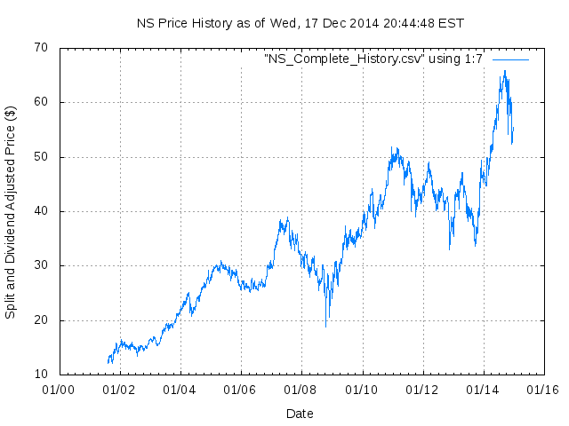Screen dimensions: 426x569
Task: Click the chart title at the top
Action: click(300, 23)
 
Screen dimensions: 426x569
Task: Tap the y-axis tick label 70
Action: click(41, 48)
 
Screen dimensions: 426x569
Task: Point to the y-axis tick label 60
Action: click(41, 102)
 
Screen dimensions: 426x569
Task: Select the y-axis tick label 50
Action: click(41, 157)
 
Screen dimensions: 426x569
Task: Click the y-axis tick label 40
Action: click(41, 211)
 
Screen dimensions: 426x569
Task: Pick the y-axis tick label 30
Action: click(41, 266)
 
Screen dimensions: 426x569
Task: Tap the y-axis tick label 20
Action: click(41, 320)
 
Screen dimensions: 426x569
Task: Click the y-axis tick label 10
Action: click(41, 375)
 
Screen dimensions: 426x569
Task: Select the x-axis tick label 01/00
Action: click(59, 390)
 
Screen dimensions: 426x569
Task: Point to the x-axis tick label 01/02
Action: click(119, 390)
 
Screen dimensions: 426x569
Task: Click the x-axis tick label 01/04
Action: click(180, 390)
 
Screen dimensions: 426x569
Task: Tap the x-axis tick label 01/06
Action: click(240, 390)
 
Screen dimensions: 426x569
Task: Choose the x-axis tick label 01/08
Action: click(301, 390)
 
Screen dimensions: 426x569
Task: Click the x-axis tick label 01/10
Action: click(362, 390)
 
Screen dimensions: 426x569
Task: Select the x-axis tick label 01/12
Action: click(422, 390)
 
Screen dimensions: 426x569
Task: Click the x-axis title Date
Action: click(300, 414)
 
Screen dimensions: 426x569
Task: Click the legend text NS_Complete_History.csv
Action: click(373, 59)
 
